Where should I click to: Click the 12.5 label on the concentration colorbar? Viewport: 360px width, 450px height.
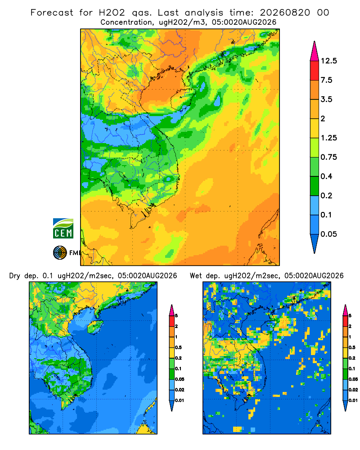coord(328,61)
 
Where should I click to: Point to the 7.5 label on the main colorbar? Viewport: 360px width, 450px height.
coord(326,80)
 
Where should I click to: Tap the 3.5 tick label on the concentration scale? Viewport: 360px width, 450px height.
coord(326,99)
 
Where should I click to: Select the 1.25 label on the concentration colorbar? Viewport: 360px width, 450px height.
coord(328,138)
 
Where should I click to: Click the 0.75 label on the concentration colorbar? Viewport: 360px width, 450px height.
coord(328,157)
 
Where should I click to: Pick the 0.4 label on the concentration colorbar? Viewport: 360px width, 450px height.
coord(326,176)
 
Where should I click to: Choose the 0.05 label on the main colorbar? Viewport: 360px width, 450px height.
coord(328,234)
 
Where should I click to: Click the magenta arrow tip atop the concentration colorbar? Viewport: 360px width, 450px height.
coord(315,42)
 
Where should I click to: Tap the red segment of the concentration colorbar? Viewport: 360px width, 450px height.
coord(315,71)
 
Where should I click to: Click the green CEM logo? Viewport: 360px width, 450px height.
coord(63,229)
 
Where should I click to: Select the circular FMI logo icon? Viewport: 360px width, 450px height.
coord(60,253)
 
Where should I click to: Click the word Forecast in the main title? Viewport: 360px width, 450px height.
coord(52,13)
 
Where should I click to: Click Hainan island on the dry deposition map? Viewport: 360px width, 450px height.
coord(95,327)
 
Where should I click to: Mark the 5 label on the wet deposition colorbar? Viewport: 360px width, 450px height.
coord(350,316)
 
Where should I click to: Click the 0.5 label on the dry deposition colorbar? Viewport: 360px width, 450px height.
coord(178,347)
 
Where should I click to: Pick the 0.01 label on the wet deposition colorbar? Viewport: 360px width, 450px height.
coord(353,400)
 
